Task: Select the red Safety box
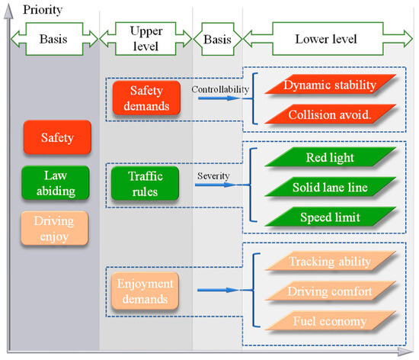click(57, 139)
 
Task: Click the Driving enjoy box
click(57, 228)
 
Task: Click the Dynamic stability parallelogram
click(330, 85)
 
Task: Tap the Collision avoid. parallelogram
click(330, 114)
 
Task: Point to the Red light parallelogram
click(330, 158)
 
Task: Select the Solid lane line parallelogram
click(330, 188)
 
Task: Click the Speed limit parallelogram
click(330, 217)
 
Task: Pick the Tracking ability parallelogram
click(330, 262)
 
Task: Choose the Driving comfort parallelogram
click(330, 291)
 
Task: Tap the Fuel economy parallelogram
click(330, 321)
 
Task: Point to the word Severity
click(213, 175)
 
